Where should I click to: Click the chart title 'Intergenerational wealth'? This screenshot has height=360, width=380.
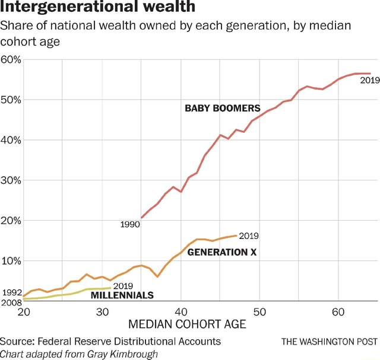pos(97,8)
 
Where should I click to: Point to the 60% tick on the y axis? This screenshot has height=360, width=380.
pos(12,60)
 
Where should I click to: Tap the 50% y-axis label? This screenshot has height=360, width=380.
pos(12,100)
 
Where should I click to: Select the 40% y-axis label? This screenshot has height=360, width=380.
pos(12,140)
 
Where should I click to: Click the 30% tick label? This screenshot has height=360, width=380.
pos(12,180)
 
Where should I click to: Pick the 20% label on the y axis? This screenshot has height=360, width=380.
pos(12,221)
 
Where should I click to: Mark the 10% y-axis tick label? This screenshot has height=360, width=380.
pos(12,261)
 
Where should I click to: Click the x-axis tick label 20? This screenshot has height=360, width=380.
pos(24,313)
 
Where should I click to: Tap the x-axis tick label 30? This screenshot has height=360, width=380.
pos(103,313)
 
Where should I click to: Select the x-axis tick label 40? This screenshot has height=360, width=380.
pos(181,313)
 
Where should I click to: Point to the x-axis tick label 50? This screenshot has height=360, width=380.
pos(259,313)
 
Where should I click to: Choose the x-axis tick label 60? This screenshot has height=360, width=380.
pos(338,313)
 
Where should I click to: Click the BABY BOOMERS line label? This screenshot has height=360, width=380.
pos(222,109)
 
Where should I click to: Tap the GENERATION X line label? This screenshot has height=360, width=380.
pos(221,252)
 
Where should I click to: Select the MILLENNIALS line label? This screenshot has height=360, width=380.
pos(122,295)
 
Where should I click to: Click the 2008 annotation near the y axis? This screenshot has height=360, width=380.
pos(11,302)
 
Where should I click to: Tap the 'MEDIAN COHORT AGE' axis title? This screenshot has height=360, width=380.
pos(187,325)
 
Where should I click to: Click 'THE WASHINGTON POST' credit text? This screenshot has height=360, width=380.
pos(329,342)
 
